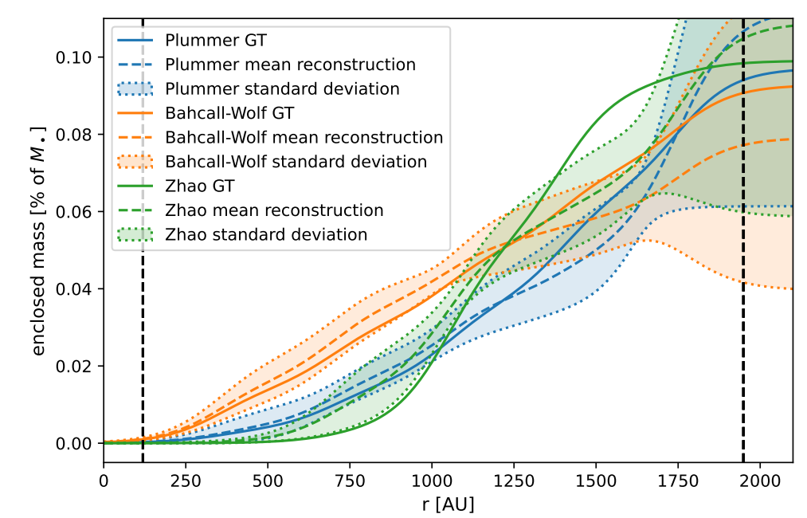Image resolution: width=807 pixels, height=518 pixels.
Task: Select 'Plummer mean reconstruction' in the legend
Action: click(290, 65)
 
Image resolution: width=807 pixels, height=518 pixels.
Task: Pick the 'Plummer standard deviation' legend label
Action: click(282, 88)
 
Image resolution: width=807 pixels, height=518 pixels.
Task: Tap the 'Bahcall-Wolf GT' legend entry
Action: click(221, 113)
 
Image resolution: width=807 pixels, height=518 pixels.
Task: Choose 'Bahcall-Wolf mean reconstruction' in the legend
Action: click(304, 138)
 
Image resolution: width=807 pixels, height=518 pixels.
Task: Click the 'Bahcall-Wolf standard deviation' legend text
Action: click(296, 162)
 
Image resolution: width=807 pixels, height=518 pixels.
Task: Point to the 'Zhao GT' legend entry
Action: click(199, 186)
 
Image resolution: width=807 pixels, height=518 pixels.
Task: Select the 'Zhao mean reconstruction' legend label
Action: click(274, 210)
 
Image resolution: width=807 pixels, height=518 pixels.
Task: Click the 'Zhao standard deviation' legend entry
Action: click(266, 235)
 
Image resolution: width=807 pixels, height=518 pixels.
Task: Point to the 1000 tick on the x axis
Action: click(432, 481)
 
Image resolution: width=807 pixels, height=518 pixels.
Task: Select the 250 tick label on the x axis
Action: click(186, 481)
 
